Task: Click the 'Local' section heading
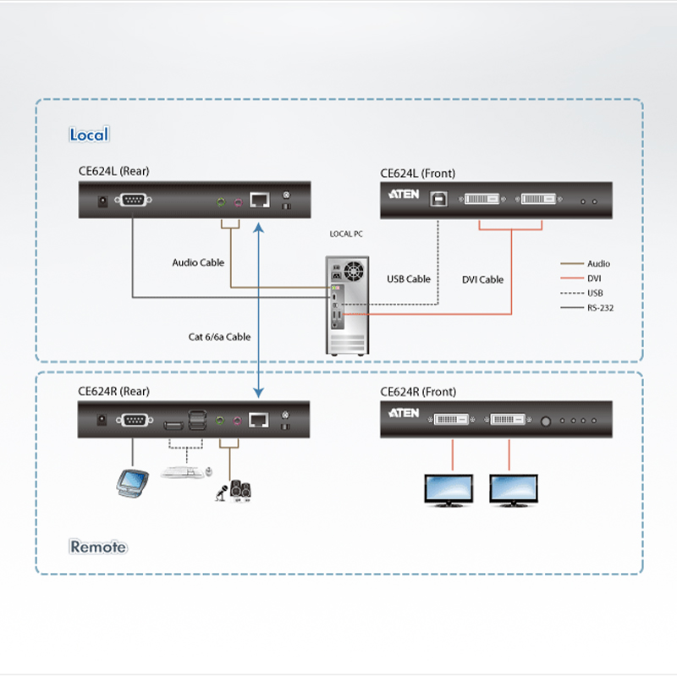(89, 135)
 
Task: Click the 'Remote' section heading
(98, 547)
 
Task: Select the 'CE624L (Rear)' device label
(113, 171)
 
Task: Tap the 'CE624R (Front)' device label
(418, 392)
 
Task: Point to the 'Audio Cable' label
(198, 262)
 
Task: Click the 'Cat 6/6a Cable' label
(219, 337)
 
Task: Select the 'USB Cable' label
(409, 279)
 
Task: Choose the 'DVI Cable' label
(482, 279)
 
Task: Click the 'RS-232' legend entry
(600, 308)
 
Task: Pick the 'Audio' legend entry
(598, 264)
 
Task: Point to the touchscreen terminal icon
(135, 482)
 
